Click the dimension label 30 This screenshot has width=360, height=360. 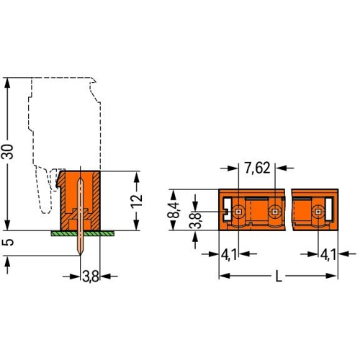pyautogui.click(x=7, y=152)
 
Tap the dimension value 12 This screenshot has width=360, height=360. pyautogui.click(x=137, y=201)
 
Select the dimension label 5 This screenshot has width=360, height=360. pyautogui.click(x=7, y=242)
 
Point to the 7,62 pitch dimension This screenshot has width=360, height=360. pyautogui.click(x=257, y=168)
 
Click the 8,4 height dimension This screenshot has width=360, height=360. pyautogui.click(x=174, y=210)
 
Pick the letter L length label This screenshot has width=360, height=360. pyautogui.click(x=279, y=276)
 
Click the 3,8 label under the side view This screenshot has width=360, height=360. pyautogui.click(x=91, y=276)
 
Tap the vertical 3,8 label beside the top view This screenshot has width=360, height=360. pyautogui.click(x=195, y=220)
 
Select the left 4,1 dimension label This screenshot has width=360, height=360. pyautogui.click(x=229, y=254)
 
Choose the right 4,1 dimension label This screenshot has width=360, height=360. pyautogui.click(x=328, y=254)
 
